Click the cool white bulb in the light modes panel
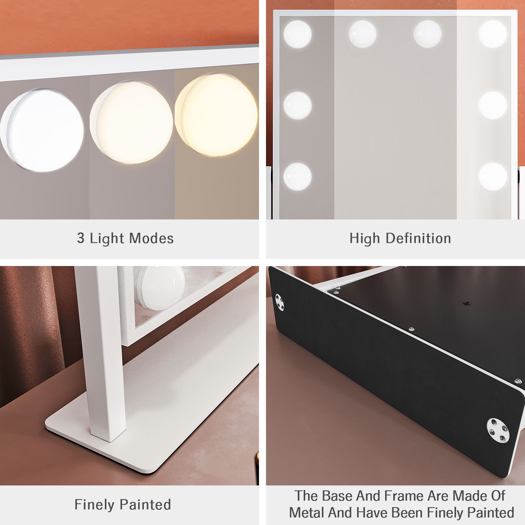pyautogui.click(x=42, y=130)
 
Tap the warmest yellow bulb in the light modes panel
pyautogui.click(x=216, y=115)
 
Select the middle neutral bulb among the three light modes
pyautogui.click(x=131, y=122)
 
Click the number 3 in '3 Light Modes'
pyautogui.click(x=81, y=238)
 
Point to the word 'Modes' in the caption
pyautogui.click(x=152, y=238)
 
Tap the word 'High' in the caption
pyautogui.click(x=365, y=239)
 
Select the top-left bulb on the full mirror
pyautogui.click(x=297, y=34)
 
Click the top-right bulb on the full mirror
pyautogui.click(x=493, y=34)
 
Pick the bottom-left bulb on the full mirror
pyautogui.click(x=297, y=176)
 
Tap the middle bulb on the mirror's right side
pyautogui.click(x=493, y=105)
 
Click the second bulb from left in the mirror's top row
pyautogui.click(x=363, y=34)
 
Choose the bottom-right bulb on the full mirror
pyautogui.click(x=493, y=176)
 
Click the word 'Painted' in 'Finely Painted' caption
pyautogui.click(x=145, y=505)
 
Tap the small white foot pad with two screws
pyautogui.click(x=280, y=303)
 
